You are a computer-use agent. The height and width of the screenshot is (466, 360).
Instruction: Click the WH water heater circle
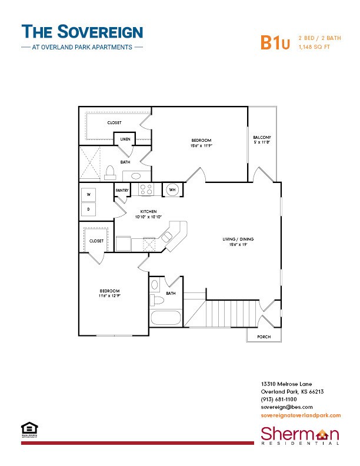click(172, 189)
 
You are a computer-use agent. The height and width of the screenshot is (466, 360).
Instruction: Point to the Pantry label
click(122, 191)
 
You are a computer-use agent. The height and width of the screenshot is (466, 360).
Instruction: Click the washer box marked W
click(89, 195)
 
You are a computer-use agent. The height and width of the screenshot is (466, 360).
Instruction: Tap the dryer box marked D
click(89, 209)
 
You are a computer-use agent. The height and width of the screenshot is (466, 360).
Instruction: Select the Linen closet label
click(125, 139)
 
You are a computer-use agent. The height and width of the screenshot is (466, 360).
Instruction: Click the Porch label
click(263, 337)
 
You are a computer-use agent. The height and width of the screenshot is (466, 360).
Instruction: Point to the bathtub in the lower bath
click(166, 319)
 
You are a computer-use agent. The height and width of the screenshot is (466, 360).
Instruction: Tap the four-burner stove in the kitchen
click(146, 189)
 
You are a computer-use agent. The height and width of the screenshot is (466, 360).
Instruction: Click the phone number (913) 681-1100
click(279, 399)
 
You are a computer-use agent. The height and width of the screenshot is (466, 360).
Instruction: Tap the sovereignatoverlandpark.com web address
click(300, 415)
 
